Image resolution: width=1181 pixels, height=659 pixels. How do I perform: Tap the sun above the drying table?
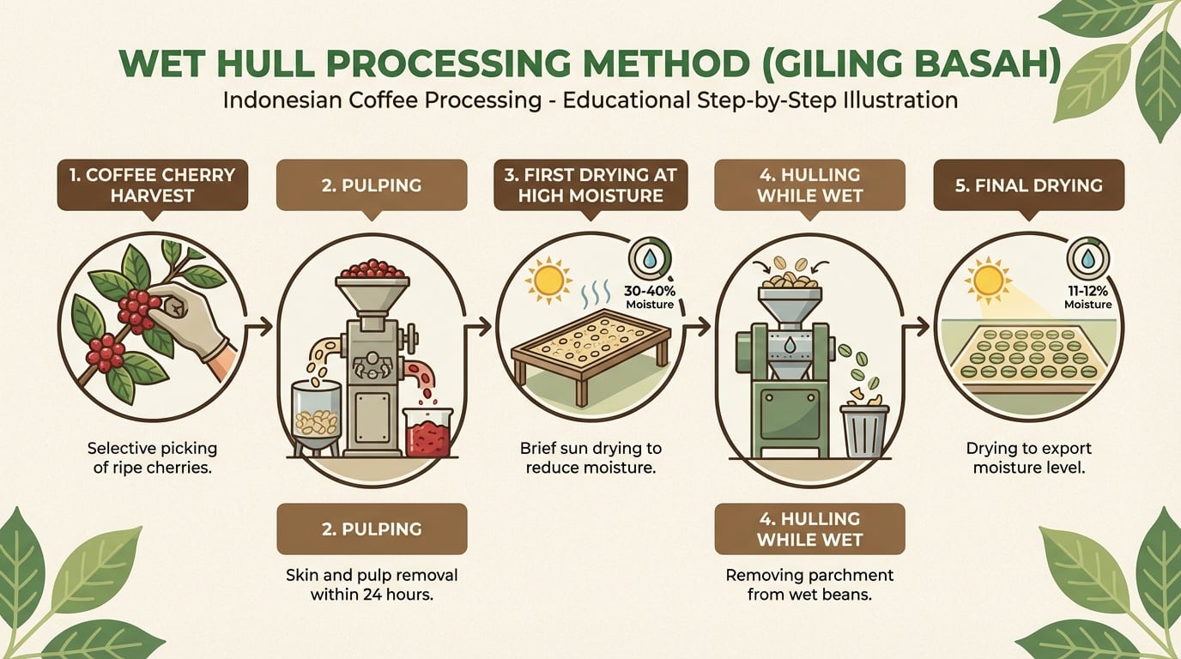click(548, 280)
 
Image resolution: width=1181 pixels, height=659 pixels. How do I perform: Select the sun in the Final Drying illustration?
click(989, 280)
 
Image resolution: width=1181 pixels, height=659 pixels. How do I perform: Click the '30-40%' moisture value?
click(650, 291)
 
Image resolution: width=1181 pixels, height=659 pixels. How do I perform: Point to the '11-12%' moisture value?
click(1087, 291)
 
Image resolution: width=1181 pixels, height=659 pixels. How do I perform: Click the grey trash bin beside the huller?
click(864, 430)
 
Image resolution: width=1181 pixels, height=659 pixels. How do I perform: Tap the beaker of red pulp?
click(427, 432)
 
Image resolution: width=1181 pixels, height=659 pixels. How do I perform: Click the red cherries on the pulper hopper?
click(372, 269)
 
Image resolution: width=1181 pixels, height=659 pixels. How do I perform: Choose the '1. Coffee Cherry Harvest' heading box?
click(153, 185)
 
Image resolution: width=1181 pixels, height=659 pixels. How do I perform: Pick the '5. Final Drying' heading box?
click(1028, 185)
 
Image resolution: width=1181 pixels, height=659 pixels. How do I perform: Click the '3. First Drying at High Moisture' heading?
click(590, 185)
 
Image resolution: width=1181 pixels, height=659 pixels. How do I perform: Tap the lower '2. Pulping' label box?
click(372, 529)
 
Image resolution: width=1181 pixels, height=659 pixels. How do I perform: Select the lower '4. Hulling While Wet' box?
click(810, 529)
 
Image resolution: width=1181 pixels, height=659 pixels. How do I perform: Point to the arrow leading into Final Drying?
click(915, 327)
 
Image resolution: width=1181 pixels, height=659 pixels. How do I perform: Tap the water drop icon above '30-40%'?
click(649, 259)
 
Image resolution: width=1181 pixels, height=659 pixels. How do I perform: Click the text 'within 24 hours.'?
click(372, 595)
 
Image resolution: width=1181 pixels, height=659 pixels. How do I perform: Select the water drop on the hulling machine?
click(790, 345)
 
